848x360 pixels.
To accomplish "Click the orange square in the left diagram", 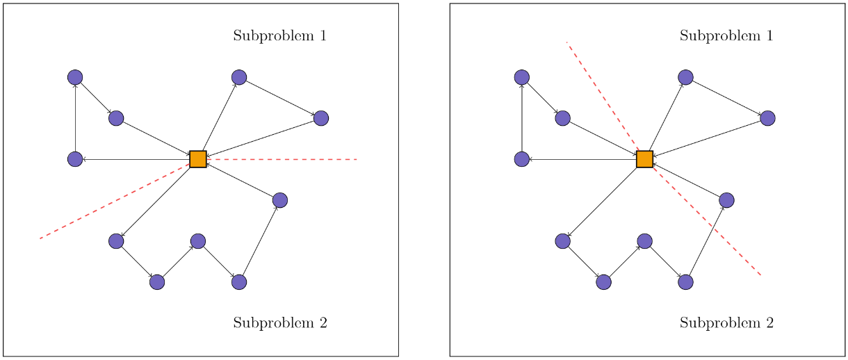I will tap(198, 159).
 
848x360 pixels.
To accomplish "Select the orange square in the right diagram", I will tap(644, 159).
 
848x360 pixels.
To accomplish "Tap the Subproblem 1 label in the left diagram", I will tap(279, 35).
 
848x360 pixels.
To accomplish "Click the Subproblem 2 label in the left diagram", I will tap(279, 322).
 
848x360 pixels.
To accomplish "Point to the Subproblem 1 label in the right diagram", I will tap(726, 35).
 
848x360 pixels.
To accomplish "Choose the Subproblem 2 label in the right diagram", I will tap(726, 322).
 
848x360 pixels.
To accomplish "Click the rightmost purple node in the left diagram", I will tap(320, 118).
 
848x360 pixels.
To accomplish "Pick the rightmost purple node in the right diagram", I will tap(767, 118).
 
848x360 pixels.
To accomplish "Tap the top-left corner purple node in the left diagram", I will tap(75, 77).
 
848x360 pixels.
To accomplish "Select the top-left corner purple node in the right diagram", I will tap(521, 77).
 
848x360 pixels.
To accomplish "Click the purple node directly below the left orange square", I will tap(198, 241).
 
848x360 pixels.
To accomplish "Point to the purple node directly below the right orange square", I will tap(644, 241).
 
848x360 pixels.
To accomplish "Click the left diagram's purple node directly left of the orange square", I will tap(75, 159).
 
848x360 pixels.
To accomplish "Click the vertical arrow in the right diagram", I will tap(521, 118).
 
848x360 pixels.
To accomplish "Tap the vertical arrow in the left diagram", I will tap(75, 118).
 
